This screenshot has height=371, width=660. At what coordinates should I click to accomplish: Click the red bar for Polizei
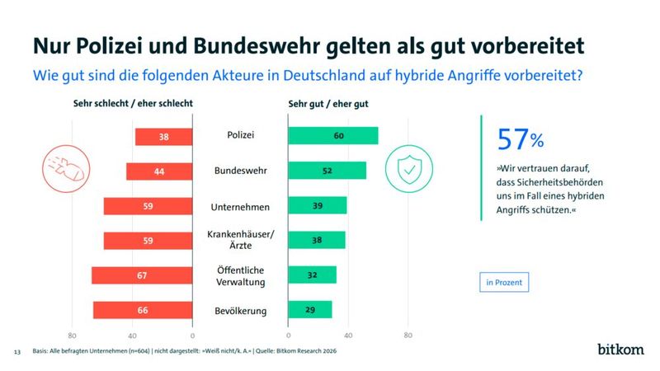(x=163, y=137)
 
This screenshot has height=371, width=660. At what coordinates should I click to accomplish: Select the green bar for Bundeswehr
(x=327, y=171)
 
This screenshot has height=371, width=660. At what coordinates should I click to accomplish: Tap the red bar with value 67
(x=141, y=275)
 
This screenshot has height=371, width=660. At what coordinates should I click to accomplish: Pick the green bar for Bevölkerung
(x=309, y=310)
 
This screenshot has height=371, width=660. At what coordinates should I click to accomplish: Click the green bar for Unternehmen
(x=317, y=206)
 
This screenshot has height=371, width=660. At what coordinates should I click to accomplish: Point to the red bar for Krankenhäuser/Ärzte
(x=148, y=241)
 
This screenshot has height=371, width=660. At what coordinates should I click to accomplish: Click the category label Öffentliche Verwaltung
(x=240, y=275)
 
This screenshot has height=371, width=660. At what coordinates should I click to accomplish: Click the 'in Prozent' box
(x=502, y=282)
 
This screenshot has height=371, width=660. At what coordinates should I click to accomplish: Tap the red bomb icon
(x=64, y=169)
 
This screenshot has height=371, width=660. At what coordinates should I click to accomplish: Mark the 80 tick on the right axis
(x=408, y=336)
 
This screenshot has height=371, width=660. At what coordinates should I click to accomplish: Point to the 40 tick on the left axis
(x=132, y=336)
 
